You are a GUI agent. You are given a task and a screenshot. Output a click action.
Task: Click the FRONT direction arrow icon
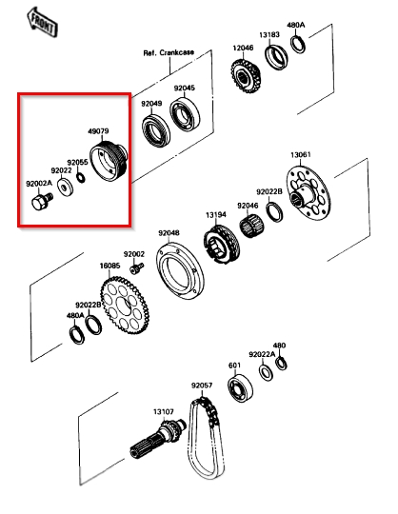pyautogui.click(x=42, y=22)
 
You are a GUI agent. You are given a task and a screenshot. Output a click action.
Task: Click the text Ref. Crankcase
pyautogui.click(x=169, y=52)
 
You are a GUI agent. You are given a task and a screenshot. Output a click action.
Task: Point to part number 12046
pyautogui.click(x=243, y=48)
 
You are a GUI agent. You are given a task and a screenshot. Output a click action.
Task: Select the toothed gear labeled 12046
pyautogui.click(x=246, y=76)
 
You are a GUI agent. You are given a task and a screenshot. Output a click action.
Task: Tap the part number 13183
pyautogui.click(x=269, y=35)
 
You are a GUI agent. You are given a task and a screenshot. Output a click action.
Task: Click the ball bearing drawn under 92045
pyautogui.click(x=185, y=113)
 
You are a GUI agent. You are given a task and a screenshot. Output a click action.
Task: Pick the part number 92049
pyautogui.click(x=151, y=104)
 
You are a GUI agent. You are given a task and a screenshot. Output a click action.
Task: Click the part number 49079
pyautogui.click(x=98, y=131)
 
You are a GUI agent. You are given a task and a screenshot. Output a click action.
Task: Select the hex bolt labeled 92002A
pyautogui.click(x=42, y=201)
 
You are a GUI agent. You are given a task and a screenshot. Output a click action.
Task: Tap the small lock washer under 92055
pyautogui.click(x=80, y=177)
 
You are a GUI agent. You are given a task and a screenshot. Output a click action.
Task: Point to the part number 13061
pyautogui.click(x=301, y=154)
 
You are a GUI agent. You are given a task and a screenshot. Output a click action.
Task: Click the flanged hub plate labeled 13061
pyautogui.click(x=308, y=193)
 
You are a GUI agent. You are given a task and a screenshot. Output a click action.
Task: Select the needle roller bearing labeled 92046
pyautogui.click(x=252, y=225)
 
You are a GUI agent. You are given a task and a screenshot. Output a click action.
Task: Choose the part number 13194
pyautogui.click(x=216, y=215)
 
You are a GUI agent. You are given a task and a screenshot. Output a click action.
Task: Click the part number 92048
pyautogui.click(x=169, y=233)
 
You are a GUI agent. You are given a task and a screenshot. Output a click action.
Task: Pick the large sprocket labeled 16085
pyautogui.click(x=125, y=306)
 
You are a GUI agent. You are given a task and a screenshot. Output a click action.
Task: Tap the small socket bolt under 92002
pyautogui.click(x=137, y=268)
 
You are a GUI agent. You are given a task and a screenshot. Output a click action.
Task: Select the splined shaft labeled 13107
pyautogui.click(x=158, y=438)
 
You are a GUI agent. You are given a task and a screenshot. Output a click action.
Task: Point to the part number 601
pyautogui.click(x=234, y=366)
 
